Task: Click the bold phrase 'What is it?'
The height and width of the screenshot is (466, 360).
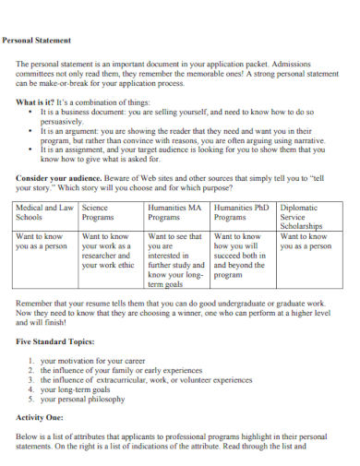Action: point(36,102)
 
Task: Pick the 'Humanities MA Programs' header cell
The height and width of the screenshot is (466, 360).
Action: point(175,213)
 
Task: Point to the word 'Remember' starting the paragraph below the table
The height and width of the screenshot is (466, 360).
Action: point(37,302)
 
